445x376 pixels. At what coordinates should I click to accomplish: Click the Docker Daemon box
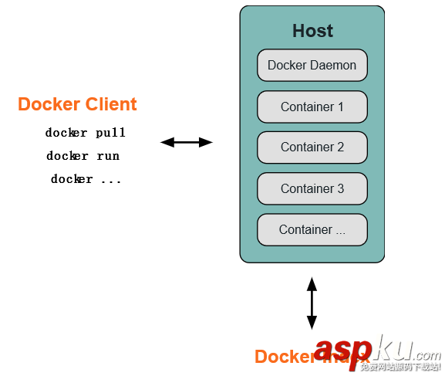click(x=312, y=66)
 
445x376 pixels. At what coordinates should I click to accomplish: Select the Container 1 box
click(x=312, y=107)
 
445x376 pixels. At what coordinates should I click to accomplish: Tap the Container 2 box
click(x=312, y=147)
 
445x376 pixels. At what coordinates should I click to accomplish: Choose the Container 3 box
click(x=312, y=188)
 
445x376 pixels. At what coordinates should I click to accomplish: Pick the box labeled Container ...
click(x=312, y=229)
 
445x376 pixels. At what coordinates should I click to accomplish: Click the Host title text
click(x=312, y=31)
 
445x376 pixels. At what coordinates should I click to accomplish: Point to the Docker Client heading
click(x=77, y=104)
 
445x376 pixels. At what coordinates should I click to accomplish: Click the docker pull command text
click(x=85, y=133)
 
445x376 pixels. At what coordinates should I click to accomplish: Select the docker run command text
click(x=83, y=156)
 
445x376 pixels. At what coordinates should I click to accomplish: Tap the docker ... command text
click(x=86, y=179)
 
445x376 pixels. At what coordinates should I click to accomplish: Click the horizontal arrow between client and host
click(x=186, y=142)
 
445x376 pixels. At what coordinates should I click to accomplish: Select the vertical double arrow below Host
click(x=312, y=303)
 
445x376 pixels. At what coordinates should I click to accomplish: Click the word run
click(x=108, y=156)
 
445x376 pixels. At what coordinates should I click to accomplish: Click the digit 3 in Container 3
click(x=340, y=188)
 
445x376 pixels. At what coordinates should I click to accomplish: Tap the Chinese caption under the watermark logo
click(x=400, y=368)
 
